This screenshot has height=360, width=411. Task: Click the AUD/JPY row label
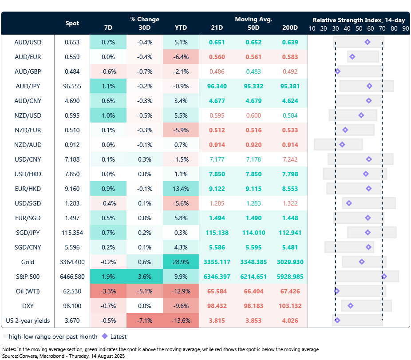tap(28, 86)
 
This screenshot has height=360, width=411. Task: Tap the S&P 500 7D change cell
tap(108, 277)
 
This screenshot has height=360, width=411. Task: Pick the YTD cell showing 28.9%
tap(181, 262)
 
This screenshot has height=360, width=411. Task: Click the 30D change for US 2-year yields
tap(144, 320)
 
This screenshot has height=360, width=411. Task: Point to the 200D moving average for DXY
tap(290, 306)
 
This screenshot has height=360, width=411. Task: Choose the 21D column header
tap(217, 28)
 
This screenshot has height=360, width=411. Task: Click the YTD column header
tap(181, 28)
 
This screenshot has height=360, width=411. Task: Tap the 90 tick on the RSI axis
tap(405, 28)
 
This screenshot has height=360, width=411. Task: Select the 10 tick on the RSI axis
tap(312, 28)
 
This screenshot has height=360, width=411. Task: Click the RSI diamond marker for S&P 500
tap(384, 277)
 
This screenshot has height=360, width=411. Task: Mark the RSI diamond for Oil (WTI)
tap(337, 291)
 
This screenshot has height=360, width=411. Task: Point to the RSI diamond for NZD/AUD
tap(342, 145)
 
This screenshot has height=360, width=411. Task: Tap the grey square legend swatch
tap(5, 336)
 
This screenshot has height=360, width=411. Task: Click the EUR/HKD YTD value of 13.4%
tap(181, 189)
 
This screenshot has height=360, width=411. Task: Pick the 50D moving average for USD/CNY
tap(253, 159)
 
